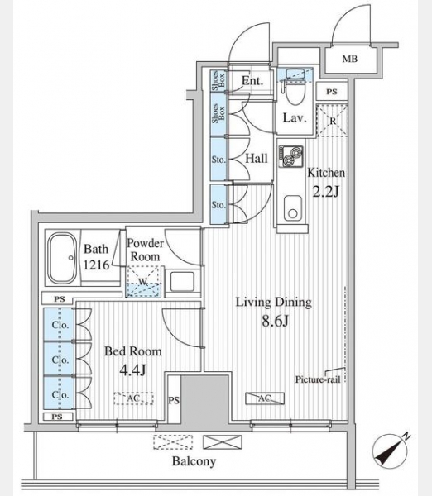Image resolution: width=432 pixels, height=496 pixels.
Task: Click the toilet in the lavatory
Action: click(295, 89)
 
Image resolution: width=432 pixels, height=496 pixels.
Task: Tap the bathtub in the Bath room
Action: click(62, 258)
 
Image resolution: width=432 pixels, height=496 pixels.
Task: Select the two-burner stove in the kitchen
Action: click(291, 156)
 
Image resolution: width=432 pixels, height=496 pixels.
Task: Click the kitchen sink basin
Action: click(293, 208)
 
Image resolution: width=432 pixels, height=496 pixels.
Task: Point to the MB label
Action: click(349, 59)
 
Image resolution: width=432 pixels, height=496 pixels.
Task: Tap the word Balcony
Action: click(194, 461)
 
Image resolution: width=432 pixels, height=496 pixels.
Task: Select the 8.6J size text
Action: click(275, 321)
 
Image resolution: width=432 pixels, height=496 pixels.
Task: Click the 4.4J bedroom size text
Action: click(132, 370)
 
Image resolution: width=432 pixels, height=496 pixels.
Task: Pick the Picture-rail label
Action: click(318, 379)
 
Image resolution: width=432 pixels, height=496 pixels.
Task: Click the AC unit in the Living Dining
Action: click(265, 398)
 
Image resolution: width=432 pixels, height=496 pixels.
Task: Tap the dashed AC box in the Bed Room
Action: click(133, 398)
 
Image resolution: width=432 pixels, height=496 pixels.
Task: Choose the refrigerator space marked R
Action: click(332, 120)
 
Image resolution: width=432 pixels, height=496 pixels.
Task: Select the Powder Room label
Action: click(145, 250)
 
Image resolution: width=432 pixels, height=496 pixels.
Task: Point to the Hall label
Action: click(257, 158)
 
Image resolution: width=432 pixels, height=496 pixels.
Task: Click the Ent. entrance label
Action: click(252, 81)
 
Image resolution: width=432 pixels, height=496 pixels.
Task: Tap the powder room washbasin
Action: click(182, 282)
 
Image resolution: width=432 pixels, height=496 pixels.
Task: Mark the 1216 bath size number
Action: click(96, 265)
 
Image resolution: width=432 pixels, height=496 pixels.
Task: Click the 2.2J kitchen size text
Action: click(326, 191)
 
